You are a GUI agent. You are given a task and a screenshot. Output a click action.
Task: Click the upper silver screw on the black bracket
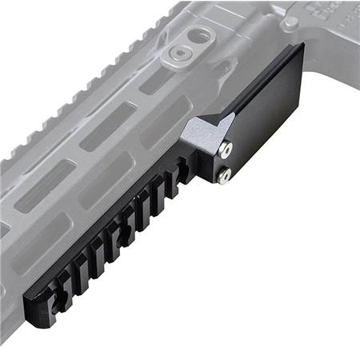pyautogui.click(x=227, y=149)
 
